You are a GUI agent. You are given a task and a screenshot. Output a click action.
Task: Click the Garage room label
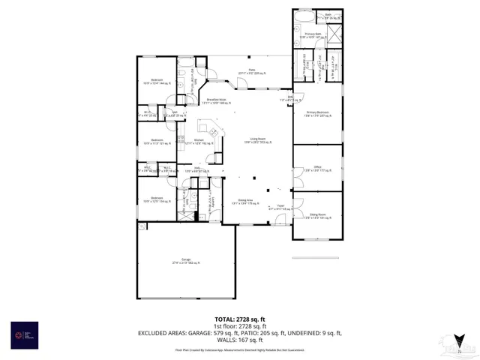click(185, 260)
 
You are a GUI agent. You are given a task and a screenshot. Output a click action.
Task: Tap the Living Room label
click(259, 140)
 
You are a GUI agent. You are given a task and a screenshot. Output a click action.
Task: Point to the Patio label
click(242, 71)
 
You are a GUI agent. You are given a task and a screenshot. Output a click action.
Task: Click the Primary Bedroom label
click(317, 113)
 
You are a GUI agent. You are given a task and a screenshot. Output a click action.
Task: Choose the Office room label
click(317, 169)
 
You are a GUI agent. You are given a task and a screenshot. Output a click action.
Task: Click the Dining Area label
click(245, 201)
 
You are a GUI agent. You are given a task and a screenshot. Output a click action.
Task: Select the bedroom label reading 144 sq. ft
click(157, 81)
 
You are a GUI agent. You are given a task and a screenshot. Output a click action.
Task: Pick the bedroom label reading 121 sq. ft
click(157, 141)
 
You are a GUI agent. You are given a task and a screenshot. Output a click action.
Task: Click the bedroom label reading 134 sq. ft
click(157, 199)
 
